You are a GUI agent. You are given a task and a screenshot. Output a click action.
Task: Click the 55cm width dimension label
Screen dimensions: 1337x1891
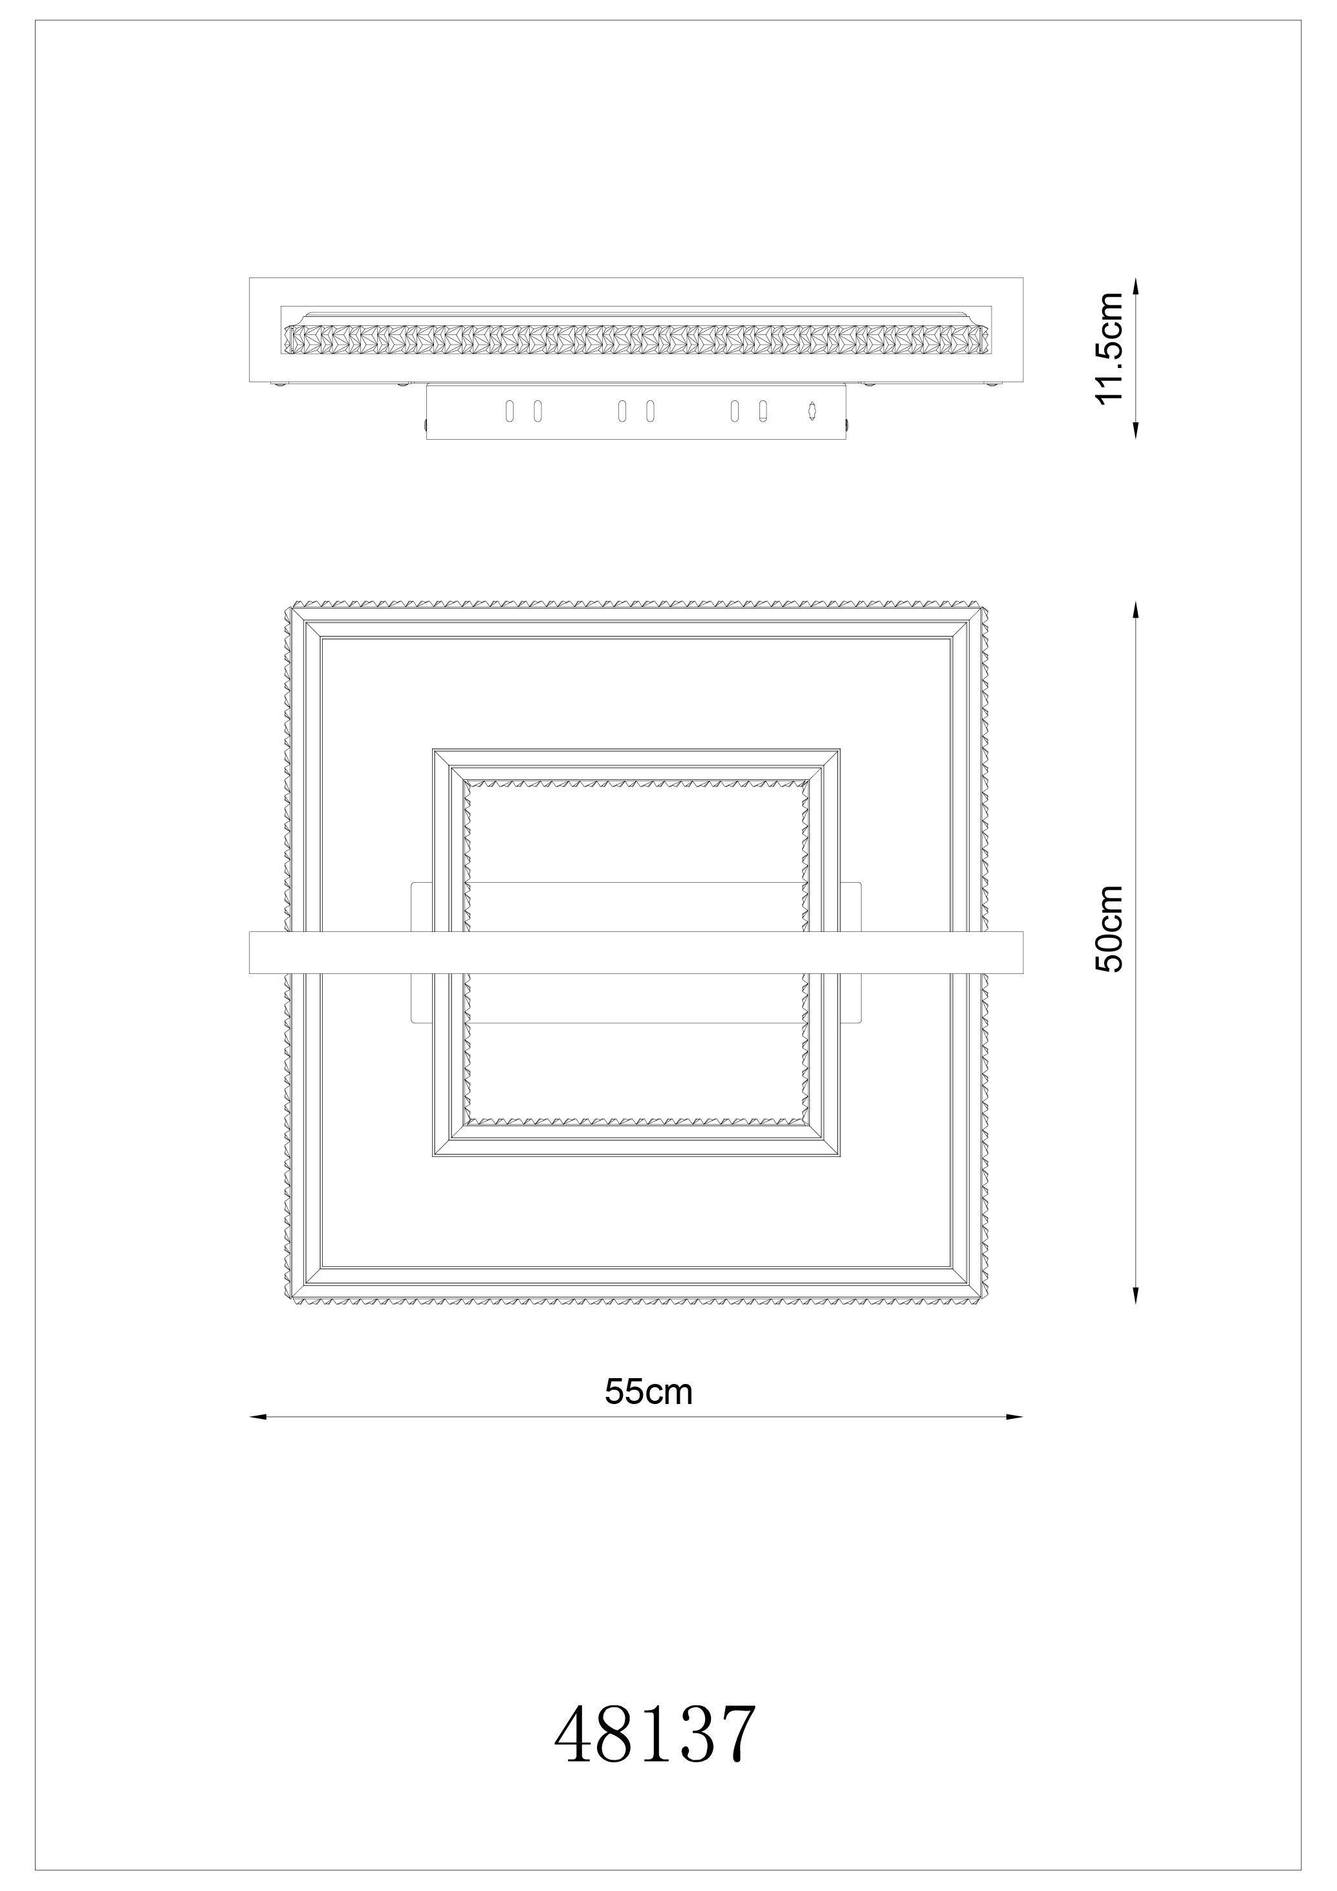coord(648,1392)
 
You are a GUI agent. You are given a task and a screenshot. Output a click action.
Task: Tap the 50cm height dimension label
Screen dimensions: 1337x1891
coord(1109,929)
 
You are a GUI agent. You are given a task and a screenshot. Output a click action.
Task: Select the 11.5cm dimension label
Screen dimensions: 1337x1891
coord(1109,347)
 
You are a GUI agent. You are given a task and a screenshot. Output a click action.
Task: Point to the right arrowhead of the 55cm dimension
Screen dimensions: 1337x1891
coord(1014,1416)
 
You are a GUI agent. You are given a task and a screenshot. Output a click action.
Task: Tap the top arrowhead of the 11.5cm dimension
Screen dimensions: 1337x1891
coord(1136,286)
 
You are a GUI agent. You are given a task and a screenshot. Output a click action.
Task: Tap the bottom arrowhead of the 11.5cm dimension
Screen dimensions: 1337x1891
coord(1136,430)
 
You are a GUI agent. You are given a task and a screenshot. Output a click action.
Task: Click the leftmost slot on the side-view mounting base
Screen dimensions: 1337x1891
coord(509,410)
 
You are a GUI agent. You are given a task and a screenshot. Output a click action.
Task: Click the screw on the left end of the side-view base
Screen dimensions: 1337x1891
coord(424,424)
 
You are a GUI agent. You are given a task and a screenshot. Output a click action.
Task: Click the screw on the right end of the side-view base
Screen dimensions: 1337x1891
coord(848,424)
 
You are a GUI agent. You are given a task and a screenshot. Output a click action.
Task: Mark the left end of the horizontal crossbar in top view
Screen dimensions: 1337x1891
coord(250,953)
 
